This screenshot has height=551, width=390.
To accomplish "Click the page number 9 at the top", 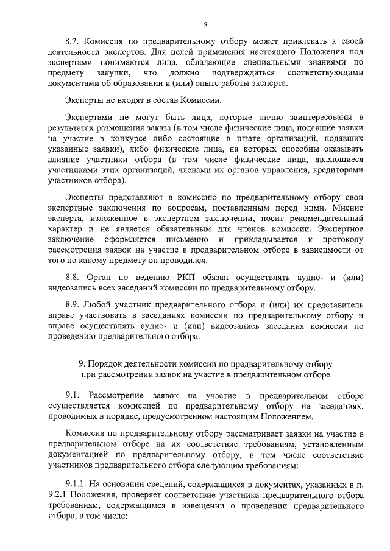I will point(205,24).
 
